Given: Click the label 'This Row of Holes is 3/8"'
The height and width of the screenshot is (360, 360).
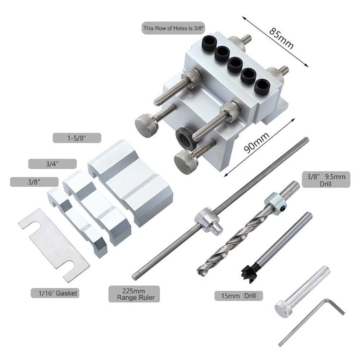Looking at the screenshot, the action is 173,28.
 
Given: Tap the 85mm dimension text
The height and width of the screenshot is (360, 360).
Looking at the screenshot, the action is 281,38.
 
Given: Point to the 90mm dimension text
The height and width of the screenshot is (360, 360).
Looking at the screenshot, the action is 256,143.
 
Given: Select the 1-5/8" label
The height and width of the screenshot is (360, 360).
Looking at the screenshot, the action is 77,138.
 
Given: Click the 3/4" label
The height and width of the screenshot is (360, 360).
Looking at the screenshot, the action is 53,164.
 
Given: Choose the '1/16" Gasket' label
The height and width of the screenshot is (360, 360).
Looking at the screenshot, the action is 55,293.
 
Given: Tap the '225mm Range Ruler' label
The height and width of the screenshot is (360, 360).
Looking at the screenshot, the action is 134,294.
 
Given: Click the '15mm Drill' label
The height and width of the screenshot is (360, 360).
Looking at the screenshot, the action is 238,296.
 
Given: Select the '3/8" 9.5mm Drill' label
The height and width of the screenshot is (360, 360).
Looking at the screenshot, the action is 326,179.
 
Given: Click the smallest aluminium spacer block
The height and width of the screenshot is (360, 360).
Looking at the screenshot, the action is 77,222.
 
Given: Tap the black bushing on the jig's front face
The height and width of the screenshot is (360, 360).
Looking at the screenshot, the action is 186,137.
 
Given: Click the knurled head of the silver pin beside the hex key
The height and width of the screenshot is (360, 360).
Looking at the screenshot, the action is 284,310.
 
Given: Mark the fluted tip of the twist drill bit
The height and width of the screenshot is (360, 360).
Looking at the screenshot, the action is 204,269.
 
